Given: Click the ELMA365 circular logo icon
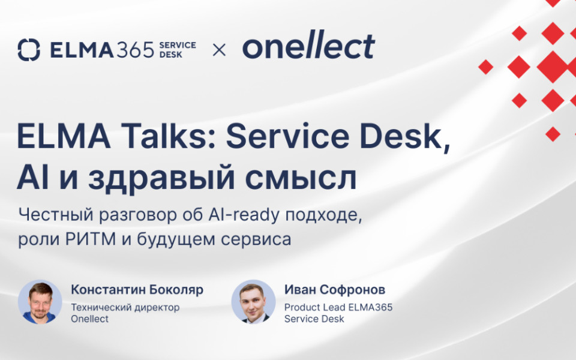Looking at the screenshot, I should coord(29,50).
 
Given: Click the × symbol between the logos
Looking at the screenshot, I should coord(220,50).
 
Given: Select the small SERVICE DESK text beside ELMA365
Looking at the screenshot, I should coord(177,50).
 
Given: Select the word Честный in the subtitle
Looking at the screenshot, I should coord(53,214).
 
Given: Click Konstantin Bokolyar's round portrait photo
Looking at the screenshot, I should coord(40,302).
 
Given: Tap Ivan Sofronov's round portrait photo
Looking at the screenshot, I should coord(253,302).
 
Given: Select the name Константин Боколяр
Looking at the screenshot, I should coord(137,290).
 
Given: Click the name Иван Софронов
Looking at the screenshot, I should coord(335,290).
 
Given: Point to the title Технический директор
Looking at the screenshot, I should coord(125,307).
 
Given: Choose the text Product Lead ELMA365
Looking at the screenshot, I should coord(338,307).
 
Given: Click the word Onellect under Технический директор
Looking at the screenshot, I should coord(89,319).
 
